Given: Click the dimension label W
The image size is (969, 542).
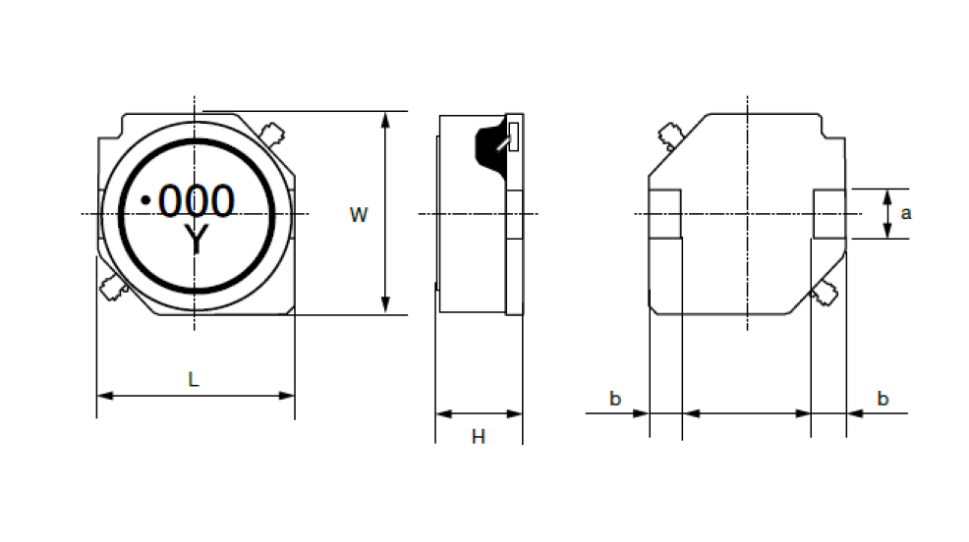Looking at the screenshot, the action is pos(359,215).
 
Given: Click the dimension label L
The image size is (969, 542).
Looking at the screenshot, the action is pos(194,379).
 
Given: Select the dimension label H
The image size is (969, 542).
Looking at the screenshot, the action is pos(479,437).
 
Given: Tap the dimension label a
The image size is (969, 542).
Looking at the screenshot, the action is pos(906,214).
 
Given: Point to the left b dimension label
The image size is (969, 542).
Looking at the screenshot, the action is pos(615,399).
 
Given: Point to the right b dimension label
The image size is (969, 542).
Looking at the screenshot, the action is pos(883,399).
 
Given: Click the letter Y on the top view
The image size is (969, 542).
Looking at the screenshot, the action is pos(197,241).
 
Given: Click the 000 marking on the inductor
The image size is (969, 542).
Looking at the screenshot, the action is pos(197,200).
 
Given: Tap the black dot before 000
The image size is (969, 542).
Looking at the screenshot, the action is pos(145,200).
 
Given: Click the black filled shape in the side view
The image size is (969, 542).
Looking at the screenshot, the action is pos(492,148).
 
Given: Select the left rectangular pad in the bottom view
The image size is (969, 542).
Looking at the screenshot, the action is pos(665,214).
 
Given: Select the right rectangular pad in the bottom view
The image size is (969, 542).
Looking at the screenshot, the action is pos(829,214).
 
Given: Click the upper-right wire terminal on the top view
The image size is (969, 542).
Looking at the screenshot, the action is pos(271,134).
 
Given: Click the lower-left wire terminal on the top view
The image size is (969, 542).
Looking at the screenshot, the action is pos(113,289).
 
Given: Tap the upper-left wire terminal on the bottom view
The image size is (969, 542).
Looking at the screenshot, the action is pos(670,135).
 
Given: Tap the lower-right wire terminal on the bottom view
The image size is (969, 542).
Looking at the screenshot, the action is pos(825,293).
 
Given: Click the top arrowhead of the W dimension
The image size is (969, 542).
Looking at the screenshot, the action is pos(385,120).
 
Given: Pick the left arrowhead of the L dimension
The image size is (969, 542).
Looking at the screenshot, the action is pos(105,396).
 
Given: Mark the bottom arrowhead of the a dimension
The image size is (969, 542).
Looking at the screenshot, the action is pos(887,231).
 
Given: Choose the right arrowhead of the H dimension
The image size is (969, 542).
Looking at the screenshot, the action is pos(515,413).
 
